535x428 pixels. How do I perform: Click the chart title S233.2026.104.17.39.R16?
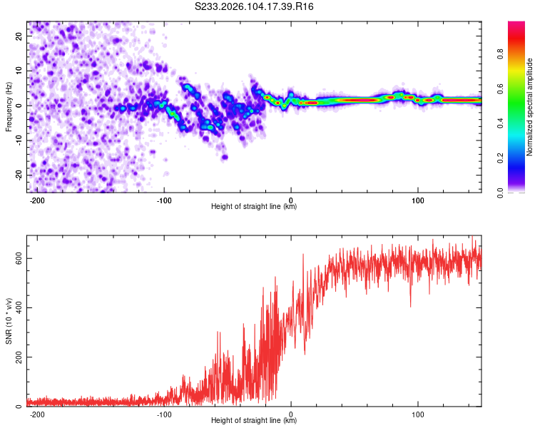255,6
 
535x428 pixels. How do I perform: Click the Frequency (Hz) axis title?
9,106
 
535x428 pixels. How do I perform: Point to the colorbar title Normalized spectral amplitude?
530,107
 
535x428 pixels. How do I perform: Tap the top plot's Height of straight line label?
254,207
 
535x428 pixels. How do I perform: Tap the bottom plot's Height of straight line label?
254,421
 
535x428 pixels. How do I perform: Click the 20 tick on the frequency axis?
19,36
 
